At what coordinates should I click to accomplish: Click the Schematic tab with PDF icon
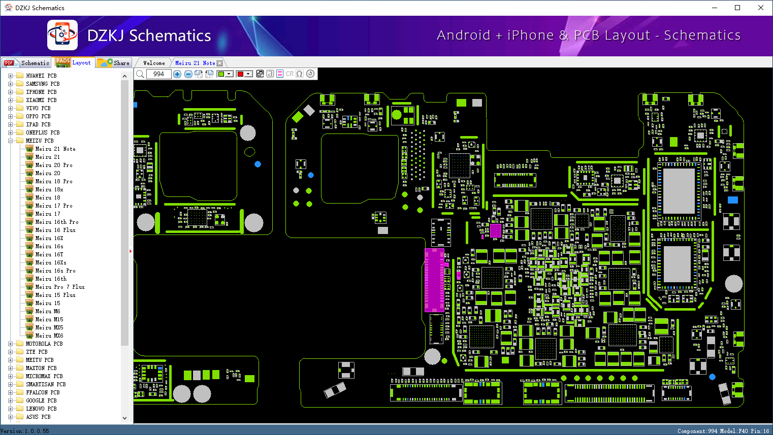click(27, 63)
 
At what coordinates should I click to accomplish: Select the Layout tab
click(73, 62)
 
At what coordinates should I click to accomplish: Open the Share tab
click(114, 63)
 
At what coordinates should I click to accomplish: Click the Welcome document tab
click(154, 63)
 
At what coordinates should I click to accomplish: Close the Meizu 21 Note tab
click(219, 63)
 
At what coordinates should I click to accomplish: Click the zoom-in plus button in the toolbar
click(177, 74)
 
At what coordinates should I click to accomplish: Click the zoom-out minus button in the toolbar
click(188, 74)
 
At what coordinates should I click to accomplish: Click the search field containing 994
click(159, 74)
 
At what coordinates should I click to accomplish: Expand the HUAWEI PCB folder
click(10, 76)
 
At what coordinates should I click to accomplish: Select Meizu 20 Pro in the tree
click(54, 165)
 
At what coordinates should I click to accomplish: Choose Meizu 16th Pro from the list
click(56, 222)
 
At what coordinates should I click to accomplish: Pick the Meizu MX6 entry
click(49, 336)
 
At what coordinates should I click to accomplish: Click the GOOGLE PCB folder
click(41, 400)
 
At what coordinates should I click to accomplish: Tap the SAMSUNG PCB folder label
click(43, 84)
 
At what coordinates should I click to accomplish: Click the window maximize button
click(737, 8)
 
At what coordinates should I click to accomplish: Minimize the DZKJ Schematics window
click(715, 8)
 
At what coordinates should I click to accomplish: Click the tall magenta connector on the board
click(434, 280)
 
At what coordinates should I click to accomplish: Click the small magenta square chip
click(496, 230)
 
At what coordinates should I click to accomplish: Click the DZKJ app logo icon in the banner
click(62, 35)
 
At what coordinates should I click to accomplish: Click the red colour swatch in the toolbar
click(240, 74)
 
